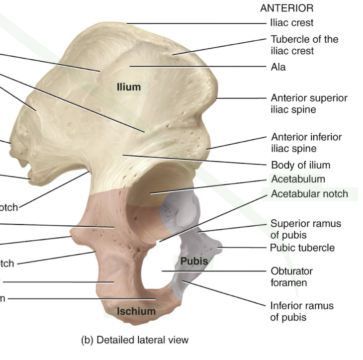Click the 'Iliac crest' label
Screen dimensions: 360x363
click(x=291, y=22)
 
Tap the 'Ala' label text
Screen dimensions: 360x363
click(x=278, y=67)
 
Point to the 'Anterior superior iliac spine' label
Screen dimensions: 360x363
click(x=309, y=103)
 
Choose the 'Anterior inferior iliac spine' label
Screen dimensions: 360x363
click(x=306, y=142)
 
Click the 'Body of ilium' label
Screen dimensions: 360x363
click(x=300, y=165)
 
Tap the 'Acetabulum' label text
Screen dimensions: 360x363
click(x=298, y=179)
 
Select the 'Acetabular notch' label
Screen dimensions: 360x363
click(x=309, y=193)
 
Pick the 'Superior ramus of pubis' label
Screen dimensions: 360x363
click(x=306, y=229)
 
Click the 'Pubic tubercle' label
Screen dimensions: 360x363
click(x=302, y=248)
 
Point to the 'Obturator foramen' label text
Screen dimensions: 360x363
click(x=291, y=277)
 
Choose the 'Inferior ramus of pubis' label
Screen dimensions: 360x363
click(x=302, y=311)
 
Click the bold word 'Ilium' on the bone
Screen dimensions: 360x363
click(x=129, y=87)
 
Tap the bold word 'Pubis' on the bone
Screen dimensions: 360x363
click(x=194, y=261)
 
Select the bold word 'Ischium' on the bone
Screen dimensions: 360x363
click(x=136, y=311)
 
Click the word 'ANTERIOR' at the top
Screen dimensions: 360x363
click(x=287, y=8)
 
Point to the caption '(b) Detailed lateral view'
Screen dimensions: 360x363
click(x=135, y=340)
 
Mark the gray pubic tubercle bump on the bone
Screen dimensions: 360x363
click(x=217, y=246)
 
